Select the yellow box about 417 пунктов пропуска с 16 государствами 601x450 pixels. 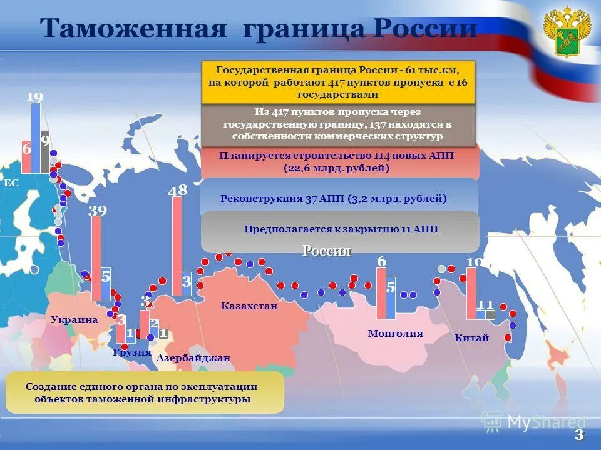click(338, 81)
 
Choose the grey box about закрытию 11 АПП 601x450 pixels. click(341, 229)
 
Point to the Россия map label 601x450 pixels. click(327, 251)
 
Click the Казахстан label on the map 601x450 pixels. click(249, 306)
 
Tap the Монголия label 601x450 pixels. click(396, 334)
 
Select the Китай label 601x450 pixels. click(472, 338)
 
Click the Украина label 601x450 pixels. click(74, 320)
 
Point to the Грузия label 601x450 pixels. click(132, 352)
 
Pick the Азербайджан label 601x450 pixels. click(193, 358)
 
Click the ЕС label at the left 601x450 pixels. click(11, 184)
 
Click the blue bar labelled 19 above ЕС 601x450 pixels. click(36, 137)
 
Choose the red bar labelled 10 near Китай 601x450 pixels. click(471, 292)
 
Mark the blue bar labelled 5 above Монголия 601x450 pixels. click(391, 297)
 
